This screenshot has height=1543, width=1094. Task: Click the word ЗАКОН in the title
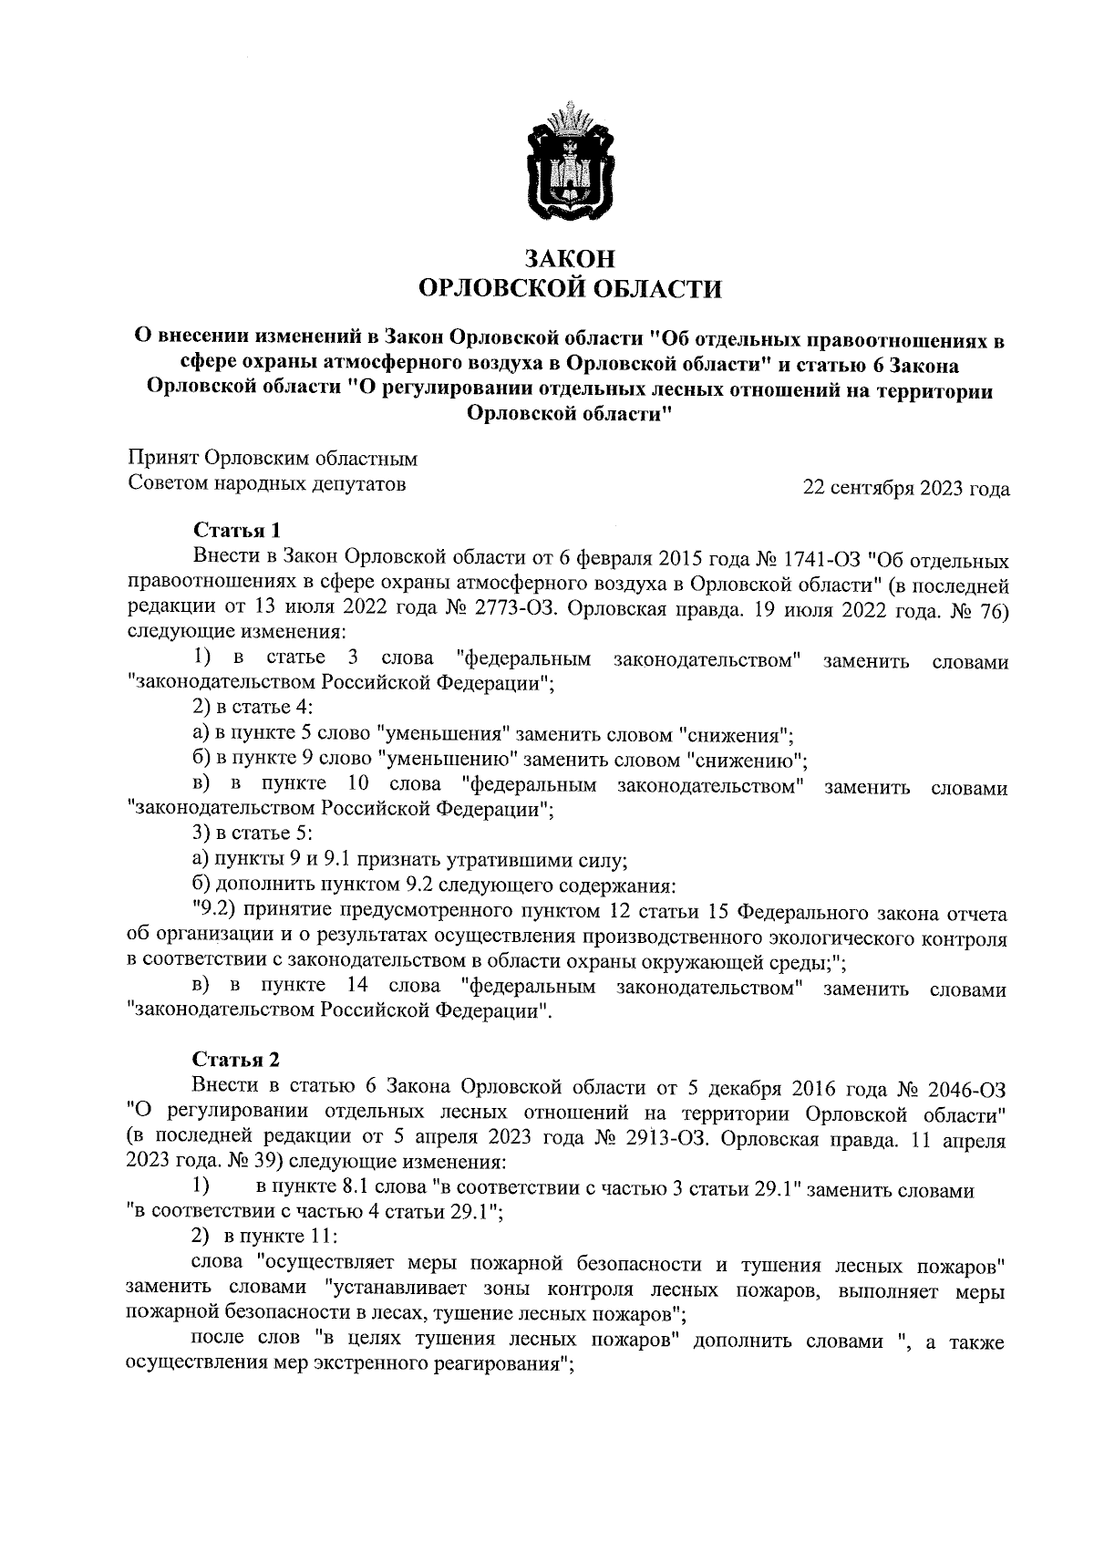[x=569, y=258]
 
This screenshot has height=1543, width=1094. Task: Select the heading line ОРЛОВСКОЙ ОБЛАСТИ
[x=569, y=289]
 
